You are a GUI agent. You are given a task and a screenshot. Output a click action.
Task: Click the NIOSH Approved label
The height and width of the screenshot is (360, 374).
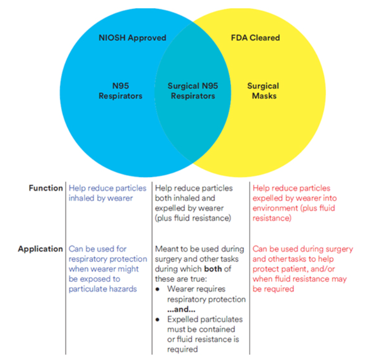132,38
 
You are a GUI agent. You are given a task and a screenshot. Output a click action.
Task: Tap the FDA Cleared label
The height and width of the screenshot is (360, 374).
255,38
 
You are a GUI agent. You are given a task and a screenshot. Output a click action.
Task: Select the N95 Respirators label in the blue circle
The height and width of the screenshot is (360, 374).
120,91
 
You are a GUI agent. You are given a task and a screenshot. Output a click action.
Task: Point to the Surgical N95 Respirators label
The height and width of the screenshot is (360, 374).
193,91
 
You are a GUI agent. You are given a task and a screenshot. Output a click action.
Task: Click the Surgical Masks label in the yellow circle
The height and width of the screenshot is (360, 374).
263,91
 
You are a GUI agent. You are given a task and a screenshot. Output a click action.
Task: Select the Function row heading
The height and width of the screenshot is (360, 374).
46,188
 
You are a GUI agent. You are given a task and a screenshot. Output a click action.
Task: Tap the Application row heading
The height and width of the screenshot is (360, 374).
41,249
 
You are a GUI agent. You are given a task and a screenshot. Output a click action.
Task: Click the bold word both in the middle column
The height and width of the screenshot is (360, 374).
213,269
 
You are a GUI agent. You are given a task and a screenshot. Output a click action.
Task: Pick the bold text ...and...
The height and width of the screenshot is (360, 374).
181,309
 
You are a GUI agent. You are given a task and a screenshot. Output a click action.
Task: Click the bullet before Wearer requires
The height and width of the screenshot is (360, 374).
157,289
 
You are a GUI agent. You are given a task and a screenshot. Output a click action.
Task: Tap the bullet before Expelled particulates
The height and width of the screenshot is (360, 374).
157,320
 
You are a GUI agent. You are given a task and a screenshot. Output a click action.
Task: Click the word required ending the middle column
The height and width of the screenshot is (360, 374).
182,349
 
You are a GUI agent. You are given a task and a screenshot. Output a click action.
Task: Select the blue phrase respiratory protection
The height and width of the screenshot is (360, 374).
108,259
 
